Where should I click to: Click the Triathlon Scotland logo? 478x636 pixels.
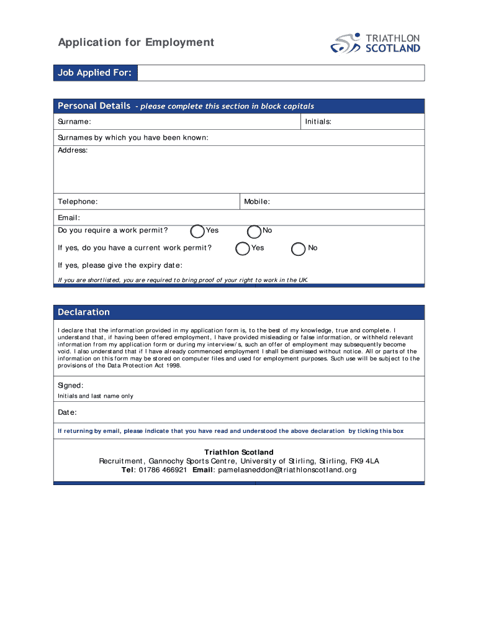pos(375,43)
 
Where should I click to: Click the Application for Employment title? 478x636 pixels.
pos(136,42)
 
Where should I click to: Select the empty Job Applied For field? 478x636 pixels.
pos(281,73)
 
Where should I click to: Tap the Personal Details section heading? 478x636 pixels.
pos(94,106)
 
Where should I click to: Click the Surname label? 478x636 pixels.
pos(74,122)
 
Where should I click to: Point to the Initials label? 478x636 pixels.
pos(318,122)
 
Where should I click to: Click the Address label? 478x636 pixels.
pos(73,150)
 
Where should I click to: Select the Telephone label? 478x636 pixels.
pos(78,202)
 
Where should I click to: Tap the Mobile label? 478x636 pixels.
pos(257,202)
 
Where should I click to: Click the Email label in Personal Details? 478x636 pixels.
pos(69,217)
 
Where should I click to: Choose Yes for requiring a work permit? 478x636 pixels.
pos(197,231)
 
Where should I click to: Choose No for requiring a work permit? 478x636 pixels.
pos(254,231)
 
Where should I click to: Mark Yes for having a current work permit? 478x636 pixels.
pos(243,248)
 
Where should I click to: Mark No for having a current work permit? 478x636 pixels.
pos(299,248)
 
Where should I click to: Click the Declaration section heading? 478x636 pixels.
pos(84,312)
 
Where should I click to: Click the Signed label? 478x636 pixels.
pos(71,386)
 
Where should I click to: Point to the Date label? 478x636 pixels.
pos(67,412)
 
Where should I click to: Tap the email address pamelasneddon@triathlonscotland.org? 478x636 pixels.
pos(286,470)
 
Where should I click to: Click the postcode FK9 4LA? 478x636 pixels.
pos(364,461)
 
